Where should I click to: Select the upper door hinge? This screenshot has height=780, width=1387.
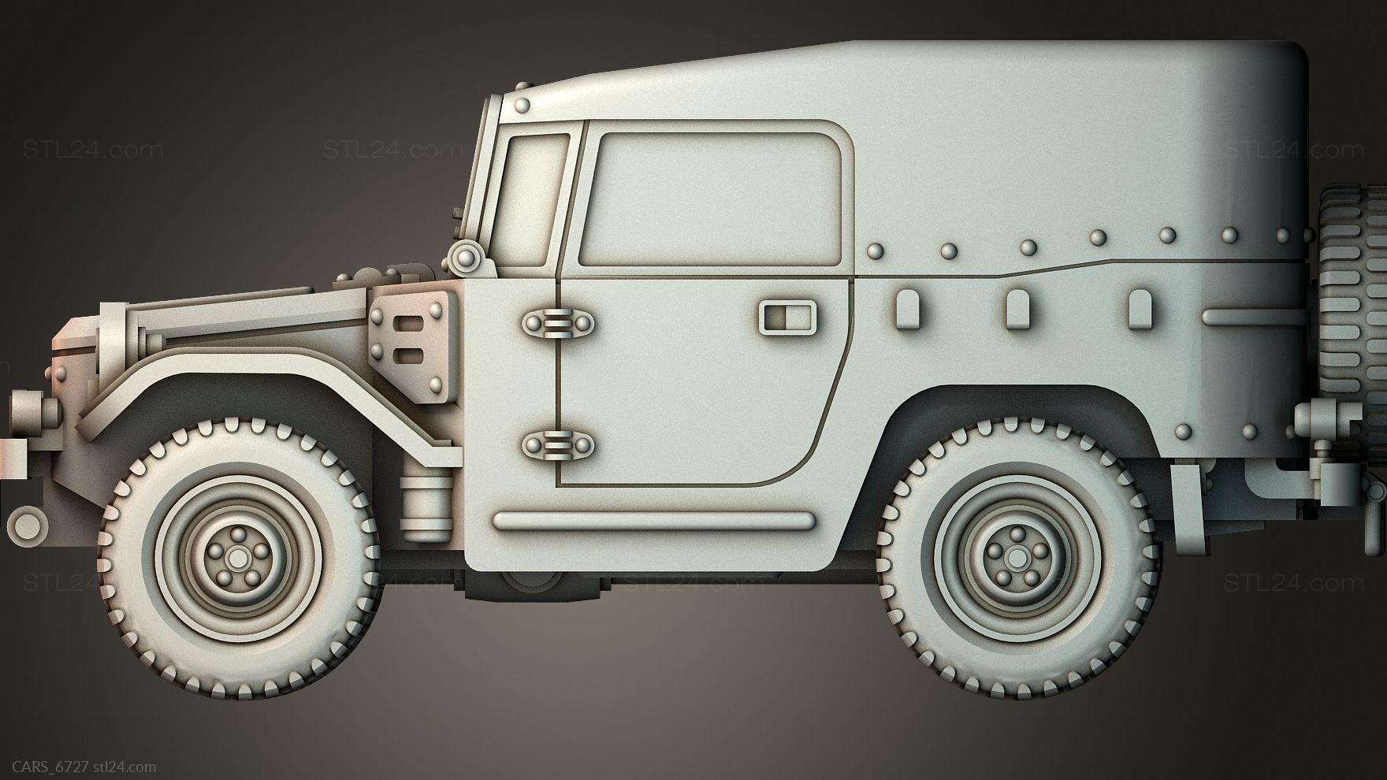(x=557, y=324)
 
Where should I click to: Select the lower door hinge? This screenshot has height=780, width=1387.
(x=557, y=446)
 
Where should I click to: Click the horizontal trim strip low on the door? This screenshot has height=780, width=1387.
(x=653, y=521)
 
